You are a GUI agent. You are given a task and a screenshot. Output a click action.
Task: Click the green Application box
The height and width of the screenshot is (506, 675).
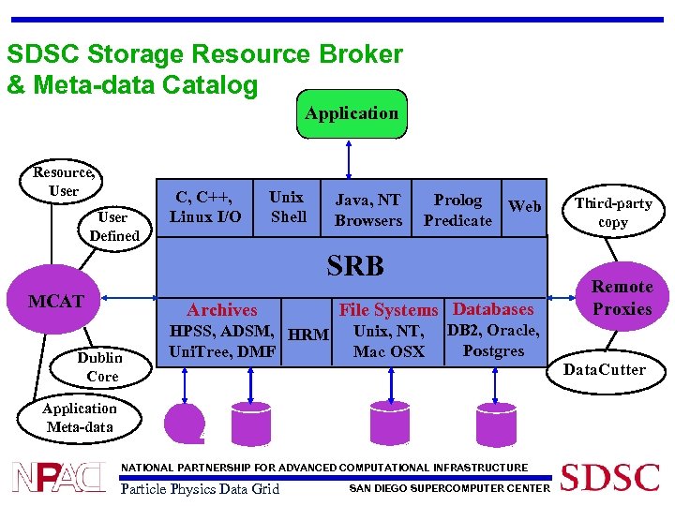click(351, 113)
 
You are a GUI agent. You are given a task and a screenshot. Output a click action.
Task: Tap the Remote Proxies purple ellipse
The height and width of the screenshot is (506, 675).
click(622, 298)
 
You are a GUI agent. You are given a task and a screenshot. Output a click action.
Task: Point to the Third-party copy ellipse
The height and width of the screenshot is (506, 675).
click(613, 213)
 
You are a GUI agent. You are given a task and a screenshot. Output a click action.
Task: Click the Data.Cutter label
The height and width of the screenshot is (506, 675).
click(604, 369)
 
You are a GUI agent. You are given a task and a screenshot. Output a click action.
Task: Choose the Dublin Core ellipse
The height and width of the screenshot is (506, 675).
click(99, 366)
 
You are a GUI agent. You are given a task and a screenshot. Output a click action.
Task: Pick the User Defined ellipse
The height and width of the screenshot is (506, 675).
click(113, 226)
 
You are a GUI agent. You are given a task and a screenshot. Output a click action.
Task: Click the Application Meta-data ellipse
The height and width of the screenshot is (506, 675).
click(80, 418)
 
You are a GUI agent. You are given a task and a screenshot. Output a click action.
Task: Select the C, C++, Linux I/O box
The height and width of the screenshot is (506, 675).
click(205, 208)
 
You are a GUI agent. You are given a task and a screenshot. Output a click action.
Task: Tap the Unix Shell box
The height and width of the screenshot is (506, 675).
click(287, 207)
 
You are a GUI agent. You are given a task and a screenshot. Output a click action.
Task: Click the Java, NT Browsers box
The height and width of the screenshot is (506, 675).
click(367, 210)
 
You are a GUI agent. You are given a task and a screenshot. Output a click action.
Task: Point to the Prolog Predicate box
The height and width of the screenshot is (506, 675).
click(457, 210)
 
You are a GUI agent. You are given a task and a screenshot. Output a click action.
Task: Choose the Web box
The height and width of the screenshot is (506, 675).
click(524, 206)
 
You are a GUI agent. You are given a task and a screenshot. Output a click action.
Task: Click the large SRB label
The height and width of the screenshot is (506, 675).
click(355, 266)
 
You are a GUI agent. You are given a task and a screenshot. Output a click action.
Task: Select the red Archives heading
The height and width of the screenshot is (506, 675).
click(222, 310)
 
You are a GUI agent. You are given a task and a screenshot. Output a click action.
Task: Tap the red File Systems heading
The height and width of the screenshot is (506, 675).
click(388, 310)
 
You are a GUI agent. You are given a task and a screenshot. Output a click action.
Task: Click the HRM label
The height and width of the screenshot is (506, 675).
click(307, 335)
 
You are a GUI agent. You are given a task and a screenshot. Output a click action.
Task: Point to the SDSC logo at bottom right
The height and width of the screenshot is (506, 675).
click(609, 477)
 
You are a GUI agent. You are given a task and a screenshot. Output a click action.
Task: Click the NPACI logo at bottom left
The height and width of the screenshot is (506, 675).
click(58, 477)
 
